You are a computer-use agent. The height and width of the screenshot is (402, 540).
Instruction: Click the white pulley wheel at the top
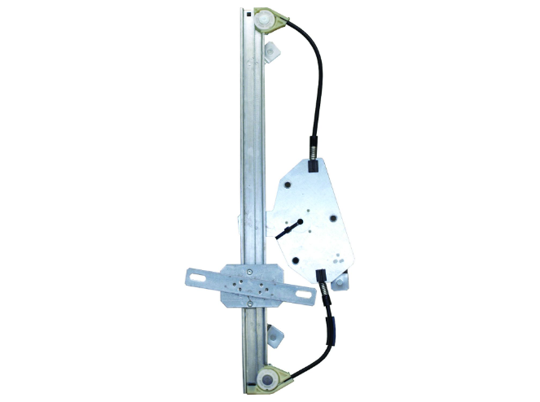click(x=266, y=22)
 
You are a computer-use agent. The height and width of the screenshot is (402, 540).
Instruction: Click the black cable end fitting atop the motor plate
click(x=314, y=166)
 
